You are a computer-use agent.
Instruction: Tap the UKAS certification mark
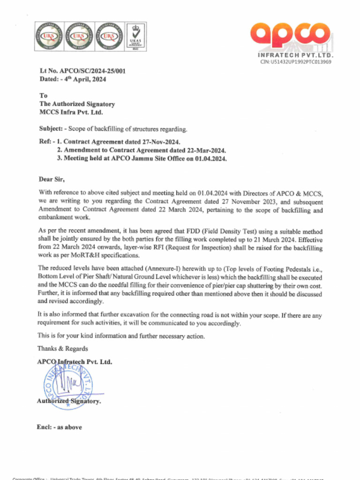pos(134,36)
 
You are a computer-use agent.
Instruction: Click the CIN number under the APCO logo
pos(296,62)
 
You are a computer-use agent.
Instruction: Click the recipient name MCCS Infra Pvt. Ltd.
pos(71,112)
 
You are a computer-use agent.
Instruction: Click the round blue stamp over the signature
pos(68,384)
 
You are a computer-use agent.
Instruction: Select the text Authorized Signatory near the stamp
pos(68,401)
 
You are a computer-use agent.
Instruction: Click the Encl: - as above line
pos(59,427)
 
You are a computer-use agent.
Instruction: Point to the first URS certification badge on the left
pos(49,36)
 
